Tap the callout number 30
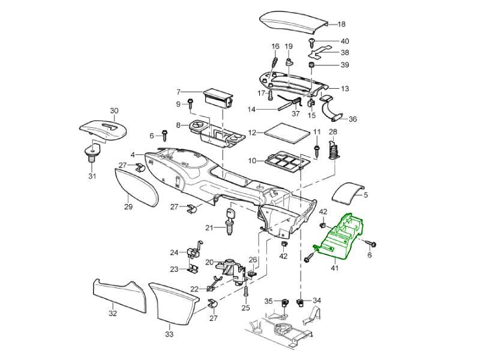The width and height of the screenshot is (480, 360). click(x=114, y=110)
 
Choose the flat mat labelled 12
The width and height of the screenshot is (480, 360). click(x=286, y=132)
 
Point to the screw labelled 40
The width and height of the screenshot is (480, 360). click(x=313, y=41)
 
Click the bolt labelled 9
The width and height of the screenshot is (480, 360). click(x=190, y=103)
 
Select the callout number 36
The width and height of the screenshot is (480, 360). click(x=353, y=119)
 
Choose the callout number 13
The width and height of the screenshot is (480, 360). click(x=344, y=88)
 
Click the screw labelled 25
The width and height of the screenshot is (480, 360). click(x=245, y=292)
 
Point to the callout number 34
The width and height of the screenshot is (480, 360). click(x=317, y=301)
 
